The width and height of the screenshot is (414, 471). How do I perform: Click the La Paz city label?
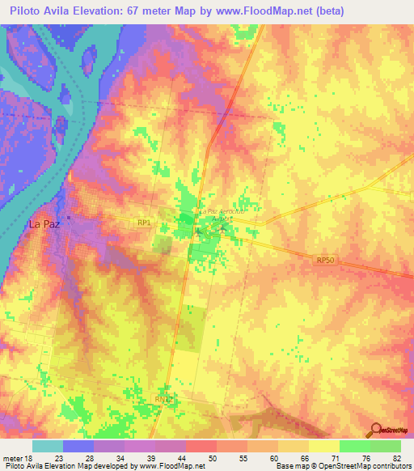tap(45, 224)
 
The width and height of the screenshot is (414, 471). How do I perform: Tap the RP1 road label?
tap(145, 222)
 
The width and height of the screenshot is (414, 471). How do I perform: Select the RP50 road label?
tap(324, 260)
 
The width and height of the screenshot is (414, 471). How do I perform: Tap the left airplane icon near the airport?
tap(199, 233)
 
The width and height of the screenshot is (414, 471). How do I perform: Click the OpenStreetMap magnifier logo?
tap(375, 431)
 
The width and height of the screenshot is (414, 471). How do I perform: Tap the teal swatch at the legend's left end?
tap(47, 445)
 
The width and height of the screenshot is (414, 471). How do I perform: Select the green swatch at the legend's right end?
tap(385, 445)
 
